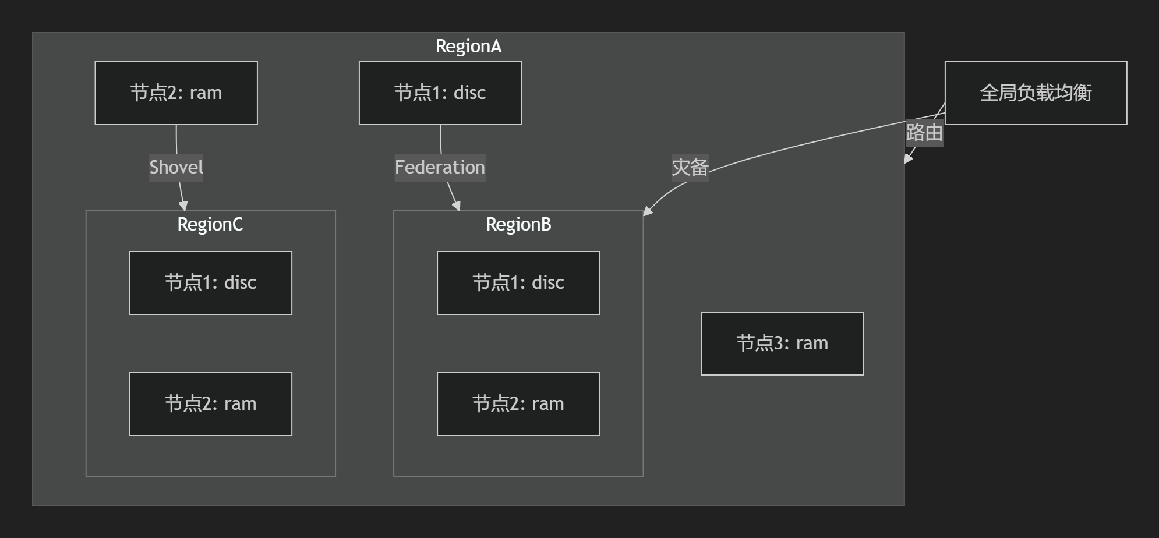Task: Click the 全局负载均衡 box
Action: click(x=1036, y=93)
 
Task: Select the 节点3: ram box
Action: click(x=782, y=344)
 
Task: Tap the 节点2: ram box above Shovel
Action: click(x=176, y=93)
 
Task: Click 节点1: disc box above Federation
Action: click(x=440, y=93)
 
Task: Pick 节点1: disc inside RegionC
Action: click(x=210, y=283)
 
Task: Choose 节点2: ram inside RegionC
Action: click(x=210, y=404)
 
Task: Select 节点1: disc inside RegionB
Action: click(x=518, y=283)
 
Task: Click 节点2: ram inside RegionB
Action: click(x=518, y=404)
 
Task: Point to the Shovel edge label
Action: click(x=176, y=168)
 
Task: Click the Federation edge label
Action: click(x=440, y=168)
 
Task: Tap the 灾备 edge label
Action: click(x=690, y=168)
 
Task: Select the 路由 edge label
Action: click(x=924, y=133)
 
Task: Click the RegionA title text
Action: click(x=468, y=47)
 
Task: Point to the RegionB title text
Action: click(x=518, y=225)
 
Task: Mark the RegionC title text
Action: click(x=210, y=225)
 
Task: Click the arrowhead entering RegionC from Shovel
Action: click(x=183, y=206)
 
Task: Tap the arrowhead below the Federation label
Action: click(x=457, y=206)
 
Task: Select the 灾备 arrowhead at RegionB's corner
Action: click(x=647, y=211)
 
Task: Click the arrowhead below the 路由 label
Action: click(x=907, y=159)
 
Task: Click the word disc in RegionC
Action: click(x=241, y=283)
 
